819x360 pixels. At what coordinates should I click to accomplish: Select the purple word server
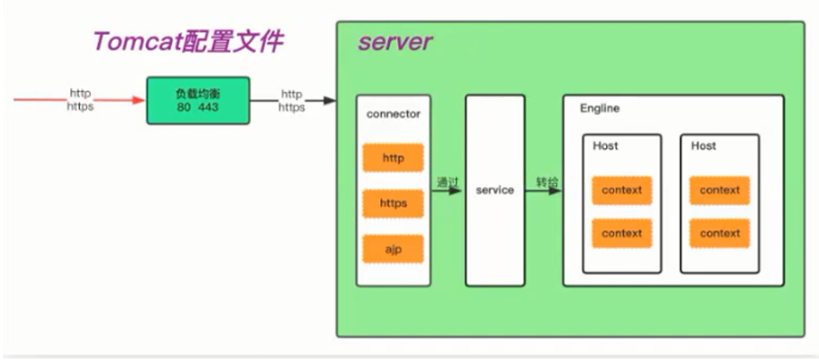395,42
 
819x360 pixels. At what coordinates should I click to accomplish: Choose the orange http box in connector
393,158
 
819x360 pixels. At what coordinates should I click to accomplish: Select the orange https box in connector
393,204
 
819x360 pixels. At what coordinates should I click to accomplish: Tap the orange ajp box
393,249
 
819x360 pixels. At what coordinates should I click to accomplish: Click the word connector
393,114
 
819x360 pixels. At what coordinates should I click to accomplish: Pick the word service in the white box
495,190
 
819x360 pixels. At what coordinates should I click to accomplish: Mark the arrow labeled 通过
447,190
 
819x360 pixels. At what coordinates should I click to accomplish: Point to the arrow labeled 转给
544,190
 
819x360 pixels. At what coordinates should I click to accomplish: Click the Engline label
600,109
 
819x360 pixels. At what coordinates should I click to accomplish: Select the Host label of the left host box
605,146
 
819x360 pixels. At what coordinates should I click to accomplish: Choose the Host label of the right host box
703,146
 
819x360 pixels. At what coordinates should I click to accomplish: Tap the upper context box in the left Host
622,190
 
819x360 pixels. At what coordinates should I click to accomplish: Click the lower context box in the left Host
622,234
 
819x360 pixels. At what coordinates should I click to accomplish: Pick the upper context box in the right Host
720,190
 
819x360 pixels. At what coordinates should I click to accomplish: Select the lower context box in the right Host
720,234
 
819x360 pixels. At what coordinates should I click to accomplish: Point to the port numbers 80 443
197,107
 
